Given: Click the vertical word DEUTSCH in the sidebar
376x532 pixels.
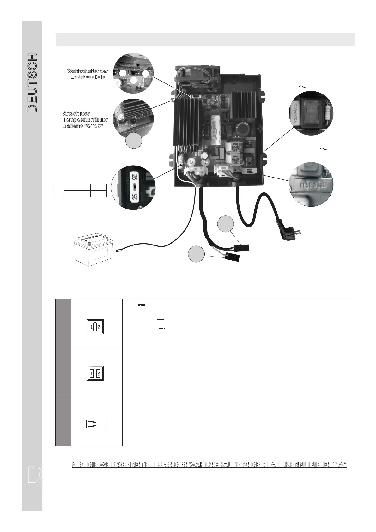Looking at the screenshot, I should pos(32,83).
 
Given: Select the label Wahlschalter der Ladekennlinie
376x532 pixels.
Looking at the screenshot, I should pos(88,74).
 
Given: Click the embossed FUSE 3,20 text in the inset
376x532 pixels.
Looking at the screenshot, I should pos(310,184).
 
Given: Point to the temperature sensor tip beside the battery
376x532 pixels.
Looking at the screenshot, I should pos(118,251).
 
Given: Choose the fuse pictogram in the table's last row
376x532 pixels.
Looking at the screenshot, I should pos(96,424).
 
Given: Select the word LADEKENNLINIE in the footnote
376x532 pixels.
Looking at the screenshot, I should pos(288,465).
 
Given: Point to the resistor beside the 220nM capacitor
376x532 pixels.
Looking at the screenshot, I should pos(327,112).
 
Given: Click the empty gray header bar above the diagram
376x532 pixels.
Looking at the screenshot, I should pos(205,40).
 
